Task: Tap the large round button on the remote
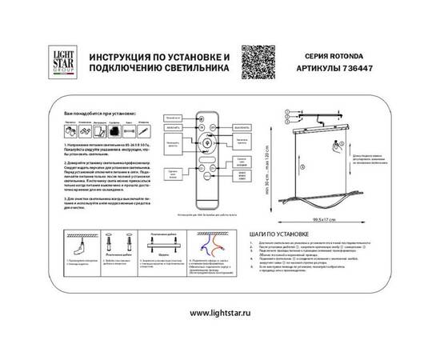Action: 210,144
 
